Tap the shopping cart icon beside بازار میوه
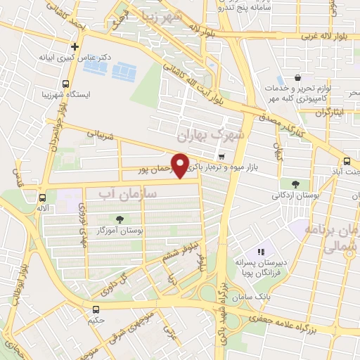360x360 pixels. [222, 156]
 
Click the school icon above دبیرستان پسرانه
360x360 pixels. [261, 251]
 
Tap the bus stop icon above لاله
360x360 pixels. [44, 198]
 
